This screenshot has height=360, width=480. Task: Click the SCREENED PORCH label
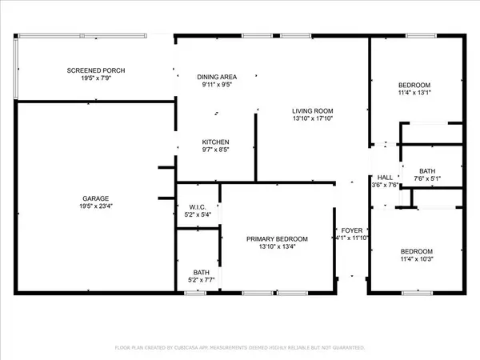pyautogui.click(x=96, y=70)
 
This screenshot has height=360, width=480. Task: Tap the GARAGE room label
pyautogui.click(x=95, y=198)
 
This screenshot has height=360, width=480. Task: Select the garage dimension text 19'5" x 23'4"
pyautogui.click(x=96, y=206)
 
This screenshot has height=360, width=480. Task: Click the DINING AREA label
pyautogui.click(x=217, y=77)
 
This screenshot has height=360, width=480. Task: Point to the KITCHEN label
pyautogui.click(x=215, y=142)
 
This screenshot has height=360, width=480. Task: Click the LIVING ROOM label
pyautogui.click(x=313, y=111)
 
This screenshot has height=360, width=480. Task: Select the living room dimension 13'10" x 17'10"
pyautogui.click(x=313, y=118)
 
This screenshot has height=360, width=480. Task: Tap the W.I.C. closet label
pyautogui.click(x=198, y=207)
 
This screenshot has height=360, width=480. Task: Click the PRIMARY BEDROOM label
pyautogui.click(x=277, y=239)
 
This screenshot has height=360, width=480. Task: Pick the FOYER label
pyautogui.click(x=352, y=230)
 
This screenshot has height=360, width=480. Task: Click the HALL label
pyautogui.click(x=385, y=178)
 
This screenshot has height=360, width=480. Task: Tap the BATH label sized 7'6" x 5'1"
pyautogui.click(x=427, y=171)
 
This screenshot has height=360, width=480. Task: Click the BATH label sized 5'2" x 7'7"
pyautogui.click(x=201, y=273)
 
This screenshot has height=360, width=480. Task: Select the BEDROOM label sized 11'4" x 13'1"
pyautogui.click(x=414, y=85)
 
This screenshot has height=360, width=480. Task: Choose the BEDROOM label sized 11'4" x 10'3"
pyautogui.click(x=417, y=252)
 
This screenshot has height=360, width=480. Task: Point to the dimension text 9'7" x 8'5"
pyautogui.click(x=215, y=150)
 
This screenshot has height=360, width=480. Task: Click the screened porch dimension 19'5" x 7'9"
pyautogui.click(x=96, y=78)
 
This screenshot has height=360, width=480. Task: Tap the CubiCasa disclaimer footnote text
pyautogui.click(x=240, y=348)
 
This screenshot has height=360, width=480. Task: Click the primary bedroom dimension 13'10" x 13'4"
pyautogui.click(x=277, y=246)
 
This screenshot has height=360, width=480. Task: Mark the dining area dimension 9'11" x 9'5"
pyautogui.click(x=217, y=85)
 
